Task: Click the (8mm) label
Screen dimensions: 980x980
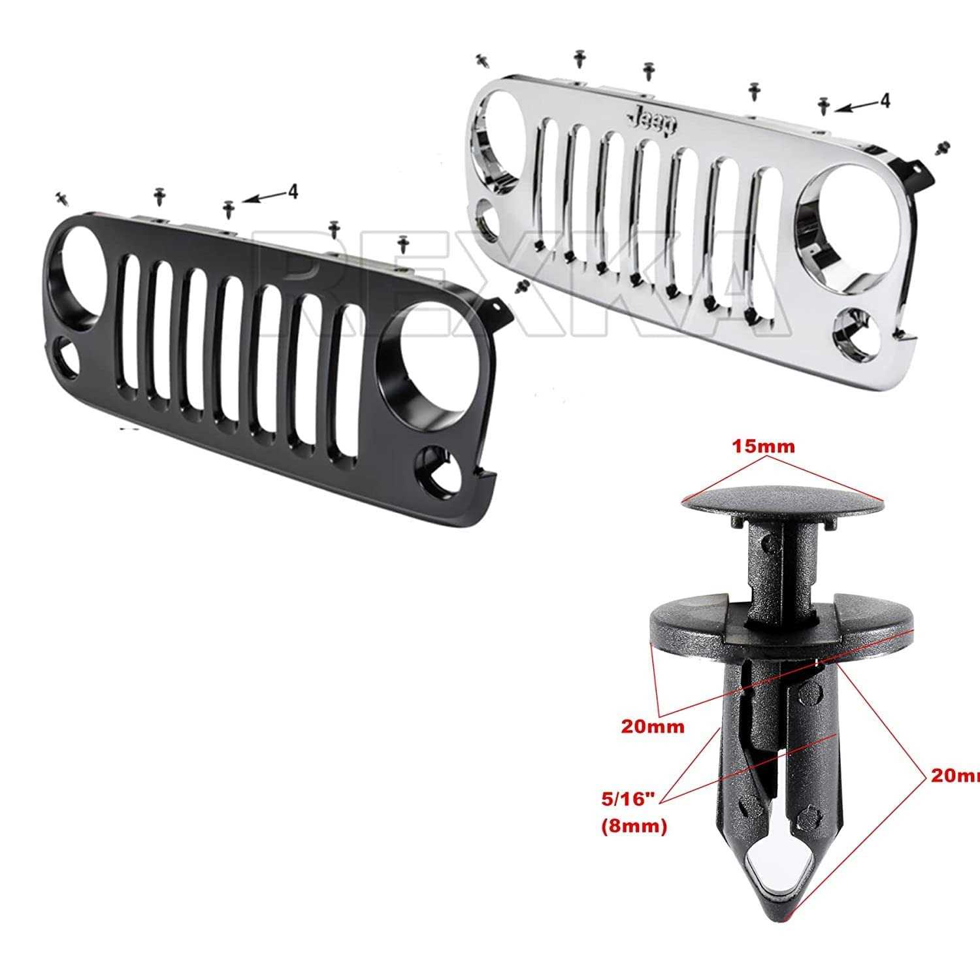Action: [x=633, y=826]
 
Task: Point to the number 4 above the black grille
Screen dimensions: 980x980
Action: [x=293, y=191]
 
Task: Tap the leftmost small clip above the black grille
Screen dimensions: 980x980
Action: [x=63, y=197]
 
